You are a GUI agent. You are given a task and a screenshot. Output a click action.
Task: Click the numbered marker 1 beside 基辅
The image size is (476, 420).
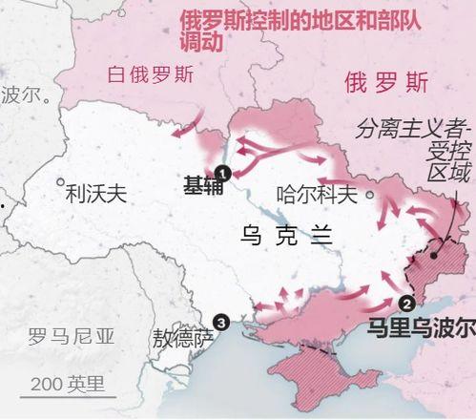(223, 173)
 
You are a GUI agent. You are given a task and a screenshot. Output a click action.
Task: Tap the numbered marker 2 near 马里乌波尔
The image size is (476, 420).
(407, 304)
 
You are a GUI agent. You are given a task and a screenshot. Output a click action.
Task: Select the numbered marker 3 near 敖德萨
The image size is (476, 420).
(222, 323)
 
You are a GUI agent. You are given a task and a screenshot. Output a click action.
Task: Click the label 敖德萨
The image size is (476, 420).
(183, 339)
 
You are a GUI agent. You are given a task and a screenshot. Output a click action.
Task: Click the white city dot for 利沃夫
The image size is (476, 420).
(60, 180)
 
